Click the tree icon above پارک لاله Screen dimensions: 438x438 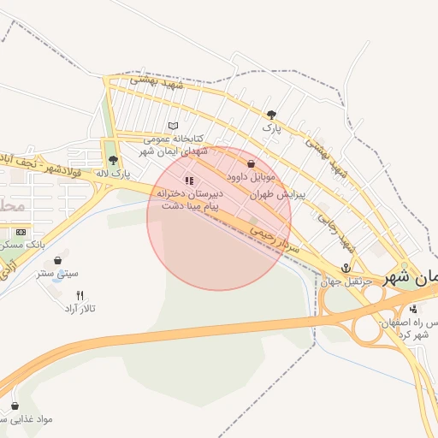(113, 159)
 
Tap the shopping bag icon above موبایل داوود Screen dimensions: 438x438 (251, 163)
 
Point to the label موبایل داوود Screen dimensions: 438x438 (251, 177)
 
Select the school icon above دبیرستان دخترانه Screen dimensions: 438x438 (189, 181)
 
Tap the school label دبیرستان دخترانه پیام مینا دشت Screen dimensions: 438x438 (189, 200)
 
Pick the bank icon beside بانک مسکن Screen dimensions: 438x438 (21, 232)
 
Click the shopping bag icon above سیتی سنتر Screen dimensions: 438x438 (57, 260)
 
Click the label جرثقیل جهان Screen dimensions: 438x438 (346, 281)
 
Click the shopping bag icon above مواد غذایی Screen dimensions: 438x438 (15, 405)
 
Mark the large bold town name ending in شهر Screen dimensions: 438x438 (411, 279)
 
